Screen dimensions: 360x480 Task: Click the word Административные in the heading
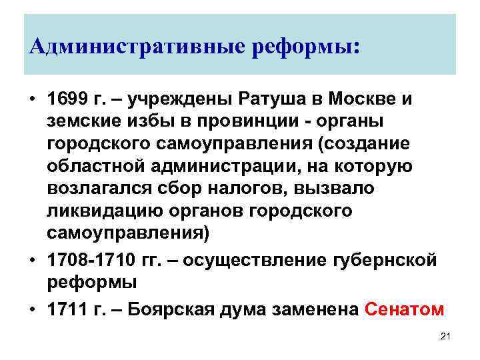(x=127, y=47)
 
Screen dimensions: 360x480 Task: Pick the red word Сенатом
(x=405, y=309)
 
